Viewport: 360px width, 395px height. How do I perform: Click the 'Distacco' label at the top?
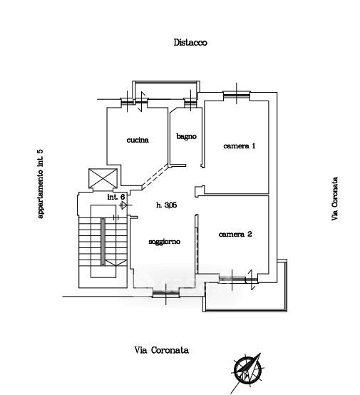(x=190, y=43)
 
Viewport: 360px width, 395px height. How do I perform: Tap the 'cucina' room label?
(x=138, y=140)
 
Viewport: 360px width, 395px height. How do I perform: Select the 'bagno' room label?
(x=186, y=136)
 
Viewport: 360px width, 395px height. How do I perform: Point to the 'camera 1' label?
(x=240, y=145)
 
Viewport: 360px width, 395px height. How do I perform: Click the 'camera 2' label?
(x=235, y=235)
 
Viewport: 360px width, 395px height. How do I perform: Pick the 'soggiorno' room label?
(x=164, y=242)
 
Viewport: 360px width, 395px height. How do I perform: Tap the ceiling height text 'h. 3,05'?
(x=167, y=205)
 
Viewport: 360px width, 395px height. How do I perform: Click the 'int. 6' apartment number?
(x=116, y=197)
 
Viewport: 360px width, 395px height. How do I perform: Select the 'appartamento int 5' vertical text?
(x=41, y=184)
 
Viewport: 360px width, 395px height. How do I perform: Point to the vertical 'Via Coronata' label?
(x=334, y=199)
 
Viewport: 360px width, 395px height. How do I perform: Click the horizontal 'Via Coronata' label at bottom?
(x=162, y=350)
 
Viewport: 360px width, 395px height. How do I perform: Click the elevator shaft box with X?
(x=103, y=178)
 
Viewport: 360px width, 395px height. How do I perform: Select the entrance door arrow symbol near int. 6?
(x=124, y=205)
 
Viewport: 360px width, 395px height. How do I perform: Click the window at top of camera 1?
(x=237, y=94)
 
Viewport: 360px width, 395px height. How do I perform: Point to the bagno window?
(x=190, y=103)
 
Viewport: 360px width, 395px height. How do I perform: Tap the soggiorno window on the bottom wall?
(x=166, y=294)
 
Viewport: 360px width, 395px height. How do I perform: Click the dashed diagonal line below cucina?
(x=155, y=176)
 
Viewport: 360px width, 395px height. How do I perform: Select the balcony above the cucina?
(x=166, y=90)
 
